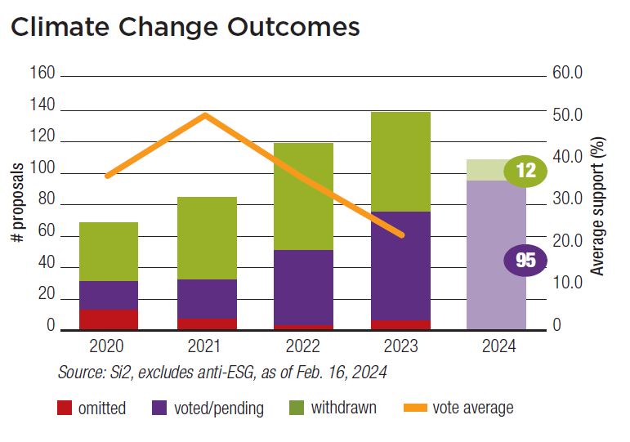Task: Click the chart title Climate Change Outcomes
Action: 185,26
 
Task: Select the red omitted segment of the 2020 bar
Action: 109,319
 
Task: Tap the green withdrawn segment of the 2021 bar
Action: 207,238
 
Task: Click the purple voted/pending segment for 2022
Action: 303,287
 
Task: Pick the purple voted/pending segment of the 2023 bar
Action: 400,266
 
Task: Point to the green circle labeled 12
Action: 525,171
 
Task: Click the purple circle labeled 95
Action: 525,261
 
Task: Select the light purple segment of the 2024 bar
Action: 496,254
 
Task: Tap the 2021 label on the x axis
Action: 207,347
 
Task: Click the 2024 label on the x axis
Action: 496,347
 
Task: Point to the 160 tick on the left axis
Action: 43,74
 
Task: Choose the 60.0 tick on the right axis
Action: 568,74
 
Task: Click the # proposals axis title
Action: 17,201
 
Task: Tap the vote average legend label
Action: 473,408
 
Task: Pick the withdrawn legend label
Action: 343,408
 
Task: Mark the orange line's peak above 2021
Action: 206,115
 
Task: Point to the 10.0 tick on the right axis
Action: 568,284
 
